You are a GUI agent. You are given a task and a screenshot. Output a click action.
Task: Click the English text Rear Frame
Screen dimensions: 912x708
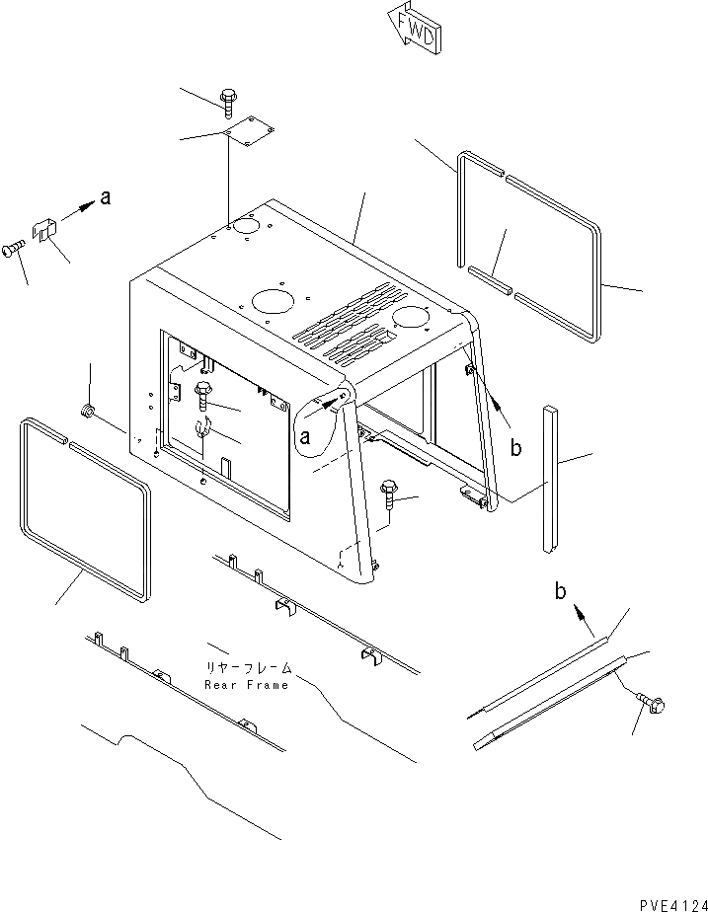tap(247, 684)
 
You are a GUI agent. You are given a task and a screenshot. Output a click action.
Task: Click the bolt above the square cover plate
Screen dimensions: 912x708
tap(228, 98)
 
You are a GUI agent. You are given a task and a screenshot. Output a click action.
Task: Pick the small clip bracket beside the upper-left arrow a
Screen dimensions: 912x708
tap(43, 230)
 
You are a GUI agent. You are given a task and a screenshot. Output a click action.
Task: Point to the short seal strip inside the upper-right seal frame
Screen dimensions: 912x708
tap(491, 279)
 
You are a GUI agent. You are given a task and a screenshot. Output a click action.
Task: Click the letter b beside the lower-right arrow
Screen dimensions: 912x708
tap(560, 592)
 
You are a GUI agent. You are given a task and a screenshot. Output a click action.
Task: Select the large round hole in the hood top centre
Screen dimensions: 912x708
tap(271, 300)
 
